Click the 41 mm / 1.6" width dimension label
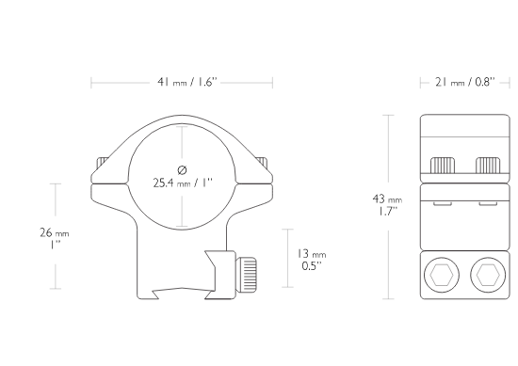coord(187,82)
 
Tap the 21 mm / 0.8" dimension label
coord(465,82)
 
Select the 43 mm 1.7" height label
coord(387,205)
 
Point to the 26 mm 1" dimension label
coord(55,239)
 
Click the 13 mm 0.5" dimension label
coord(311,260)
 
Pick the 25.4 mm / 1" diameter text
coord(183,183)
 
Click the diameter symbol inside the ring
coord(182,170)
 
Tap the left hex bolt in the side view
coord(442,275)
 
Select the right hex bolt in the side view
coord(488,275)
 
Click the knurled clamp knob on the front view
coord(247,273)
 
